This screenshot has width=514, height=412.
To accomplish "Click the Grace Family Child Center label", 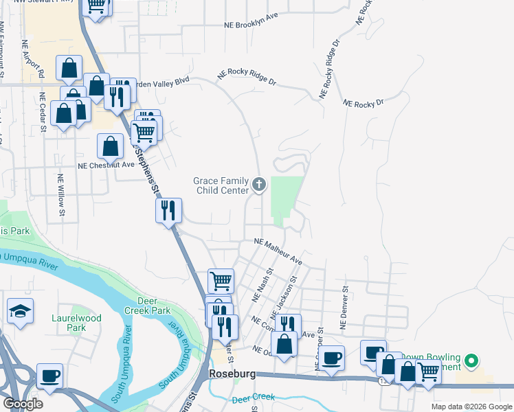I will [221, 185].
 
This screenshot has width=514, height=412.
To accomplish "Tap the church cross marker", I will [259, 183].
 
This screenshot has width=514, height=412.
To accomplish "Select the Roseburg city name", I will [232, 374].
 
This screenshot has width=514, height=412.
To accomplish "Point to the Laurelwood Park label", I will [76, 323].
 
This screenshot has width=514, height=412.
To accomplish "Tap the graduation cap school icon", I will [21, 311].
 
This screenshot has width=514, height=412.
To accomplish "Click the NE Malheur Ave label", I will [278, 251].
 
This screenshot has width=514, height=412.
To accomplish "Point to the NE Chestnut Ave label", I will [106, 165].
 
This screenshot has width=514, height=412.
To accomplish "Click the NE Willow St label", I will [60, 196].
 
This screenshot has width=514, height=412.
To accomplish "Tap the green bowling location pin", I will [471, 360].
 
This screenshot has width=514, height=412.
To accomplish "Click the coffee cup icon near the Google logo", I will [49, 376].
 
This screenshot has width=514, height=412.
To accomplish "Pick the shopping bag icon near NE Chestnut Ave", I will [111, 146].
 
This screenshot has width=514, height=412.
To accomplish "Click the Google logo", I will [23, 404].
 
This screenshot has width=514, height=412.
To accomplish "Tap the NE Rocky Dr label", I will [362, 103].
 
